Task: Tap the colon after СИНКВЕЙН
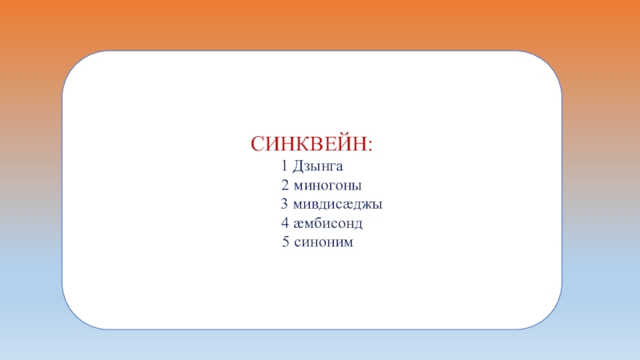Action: coord(369,146)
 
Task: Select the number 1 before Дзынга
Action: coord(284,166)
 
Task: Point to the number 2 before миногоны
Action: coord(285,186)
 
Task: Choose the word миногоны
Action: coord(328,186)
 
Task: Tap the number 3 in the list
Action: coord(284,204)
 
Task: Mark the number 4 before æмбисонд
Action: coord(285,222)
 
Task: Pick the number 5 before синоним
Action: coord(286,241)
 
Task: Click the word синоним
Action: coord(323,241)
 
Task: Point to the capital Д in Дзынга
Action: coord(298,166)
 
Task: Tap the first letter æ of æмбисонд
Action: coord(298,223)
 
